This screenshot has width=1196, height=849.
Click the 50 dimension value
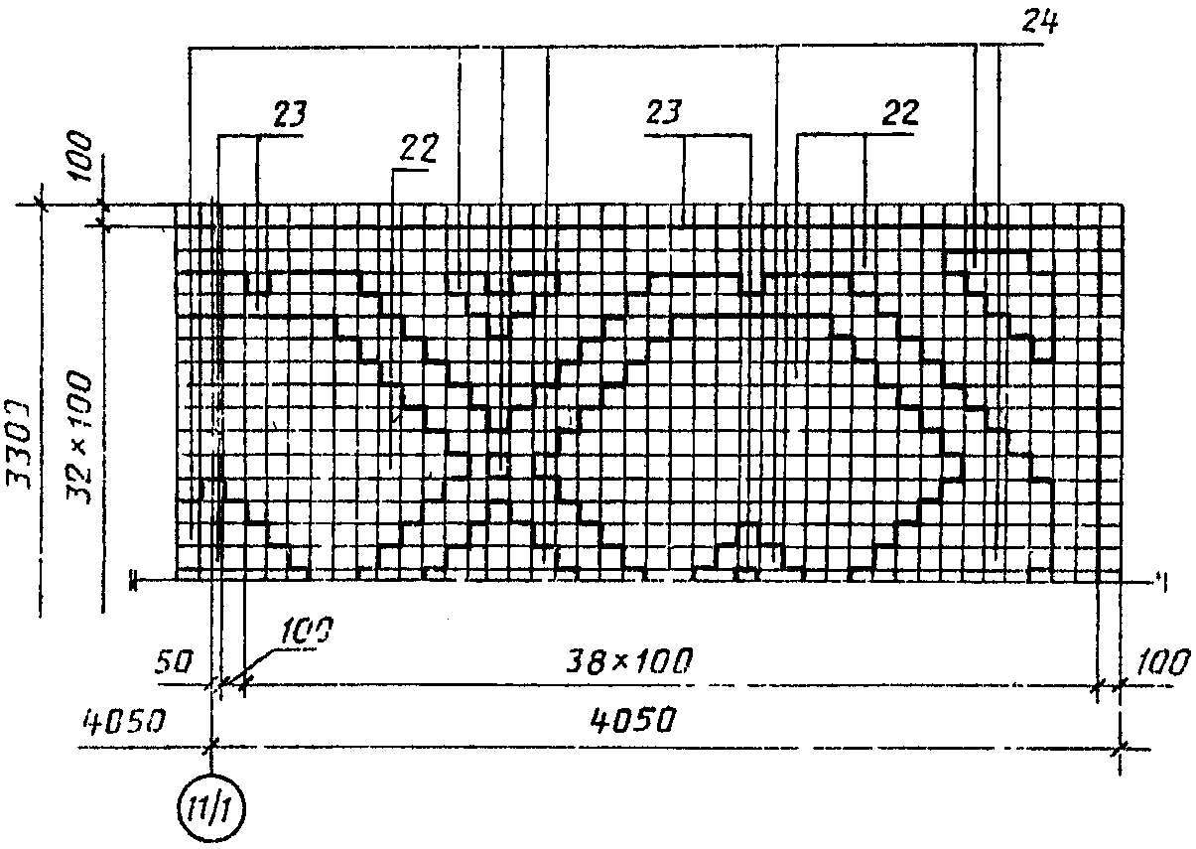176,662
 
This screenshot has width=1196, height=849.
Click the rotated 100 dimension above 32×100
83,154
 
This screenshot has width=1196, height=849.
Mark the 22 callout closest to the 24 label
897,112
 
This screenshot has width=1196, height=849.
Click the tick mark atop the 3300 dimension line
41,205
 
